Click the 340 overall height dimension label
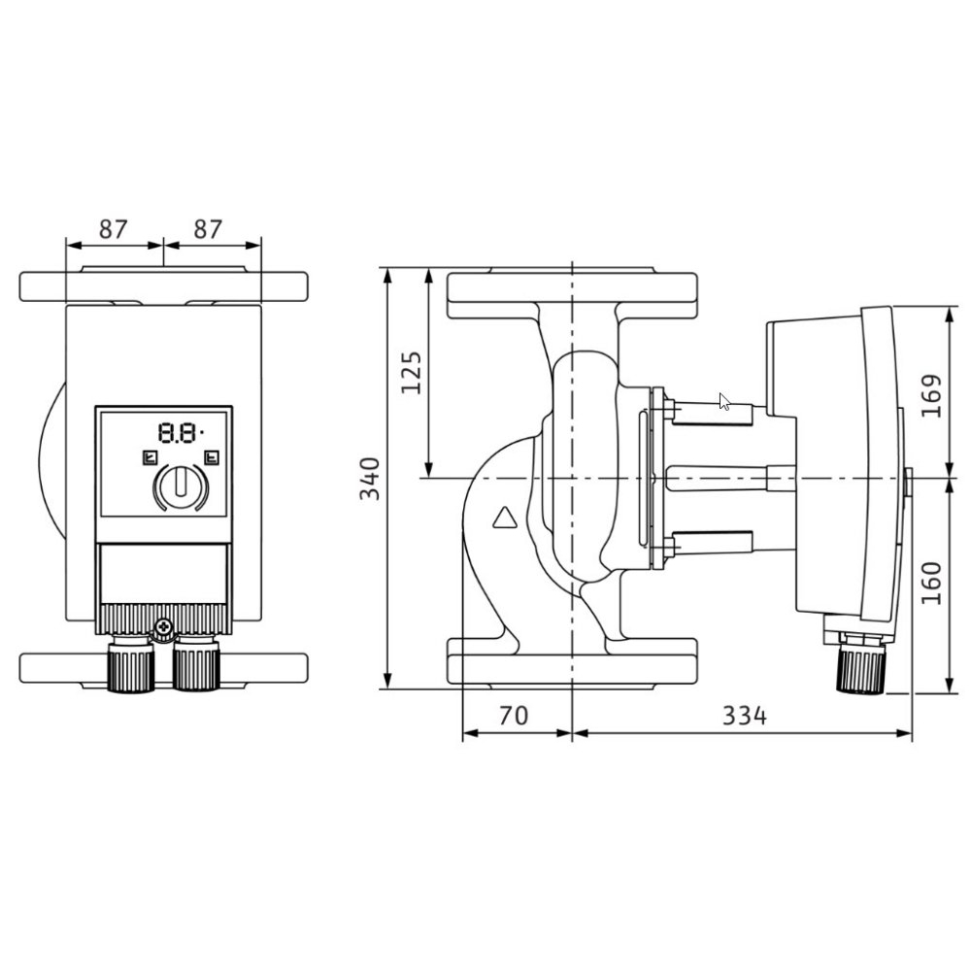[x=370, y=478]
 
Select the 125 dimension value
[x=411, y=372]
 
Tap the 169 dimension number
[x=931, y=396]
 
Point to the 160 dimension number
[x=931, y=583]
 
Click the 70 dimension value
[x=514, y=716]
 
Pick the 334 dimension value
[x=745, y=716]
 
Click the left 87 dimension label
[x=114, y=229]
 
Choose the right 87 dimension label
[x=208, y=229]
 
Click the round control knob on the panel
[x=181, y=486]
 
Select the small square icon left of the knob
[x=150, y=458]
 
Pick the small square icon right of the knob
[x=212, y=458]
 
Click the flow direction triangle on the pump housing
[x=505, y=518]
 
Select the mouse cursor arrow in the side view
[x=724, y=401]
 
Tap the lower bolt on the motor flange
[x=669, y=547]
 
